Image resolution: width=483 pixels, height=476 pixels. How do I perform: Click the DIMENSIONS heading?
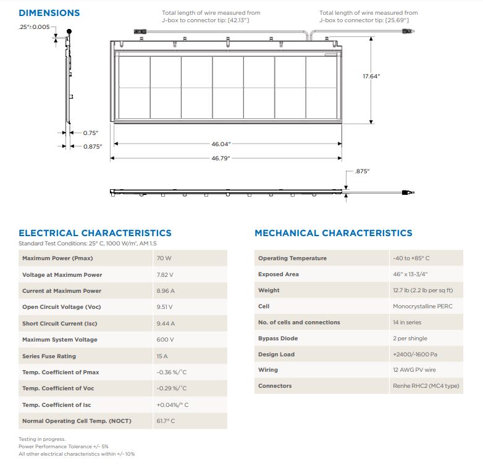coord(49,13)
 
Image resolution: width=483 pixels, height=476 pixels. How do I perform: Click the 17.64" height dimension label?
coord(371,76)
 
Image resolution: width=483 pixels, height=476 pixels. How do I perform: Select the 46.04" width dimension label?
coord(220,144)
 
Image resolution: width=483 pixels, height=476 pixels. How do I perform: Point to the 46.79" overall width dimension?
coord(220,158)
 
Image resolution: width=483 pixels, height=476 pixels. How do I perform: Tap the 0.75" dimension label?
coord(90,133)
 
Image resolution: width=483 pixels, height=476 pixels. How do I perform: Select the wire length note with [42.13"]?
coord(211,17)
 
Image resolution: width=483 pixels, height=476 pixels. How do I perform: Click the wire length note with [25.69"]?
coord(368,17)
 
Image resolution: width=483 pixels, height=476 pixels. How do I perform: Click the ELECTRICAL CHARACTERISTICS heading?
coord(95,233)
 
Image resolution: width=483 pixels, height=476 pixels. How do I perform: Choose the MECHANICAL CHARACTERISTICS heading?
coord(333,233)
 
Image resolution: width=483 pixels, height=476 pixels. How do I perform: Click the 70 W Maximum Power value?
coord(164,258)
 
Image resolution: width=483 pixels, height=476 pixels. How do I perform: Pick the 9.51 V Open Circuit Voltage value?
coord(165,307)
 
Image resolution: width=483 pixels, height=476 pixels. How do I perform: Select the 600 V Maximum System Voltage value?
coord(165,340)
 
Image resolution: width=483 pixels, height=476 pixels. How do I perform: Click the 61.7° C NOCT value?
coord(166,421)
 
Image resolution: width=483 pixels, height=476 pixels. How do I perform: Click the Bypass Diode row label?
coord(278,339)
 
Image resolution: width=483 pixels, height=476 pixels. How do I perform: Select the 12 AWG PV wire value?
coord(414,370)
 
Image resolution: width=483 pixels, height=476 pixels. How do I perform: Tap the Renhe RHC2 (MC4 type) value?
coord(426,386)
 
